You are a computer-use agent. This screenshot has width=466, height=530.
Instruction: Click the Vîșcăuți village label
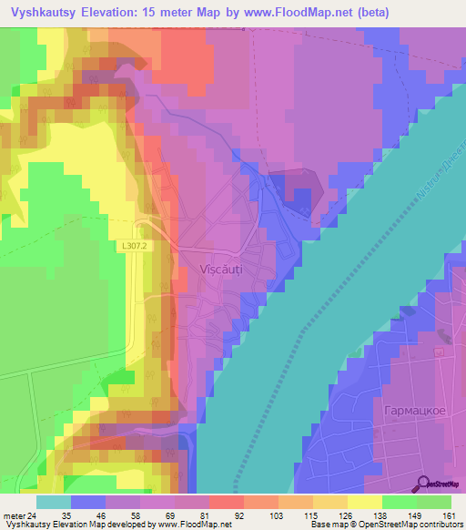(220, 270)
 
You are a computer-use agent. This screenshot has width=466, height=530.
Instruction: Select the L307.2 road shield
(133, 246)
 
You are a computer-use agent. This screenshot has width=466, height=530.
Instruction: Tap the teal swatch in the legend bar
(53, 502)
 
